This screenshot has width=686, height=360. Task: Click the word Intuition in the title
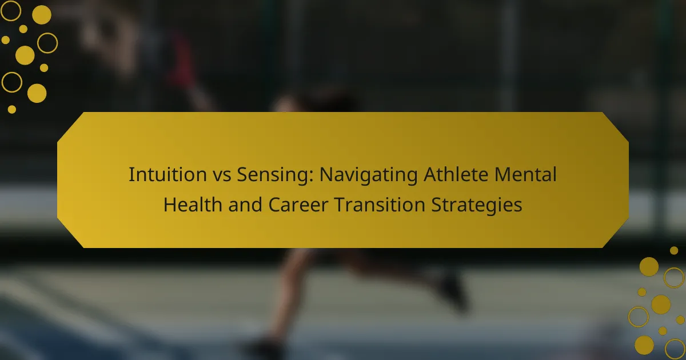167,174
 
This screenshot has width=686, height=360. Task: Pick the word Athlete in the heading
456,174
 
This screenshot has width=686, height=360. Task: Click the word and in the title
245,205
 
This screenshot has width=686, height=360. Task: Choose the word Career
298,205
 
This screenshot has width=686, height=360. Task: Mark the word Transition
380,205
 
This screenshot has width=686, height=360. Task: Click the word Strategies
477,206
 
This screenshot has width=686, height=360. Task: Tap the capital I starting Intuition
131,174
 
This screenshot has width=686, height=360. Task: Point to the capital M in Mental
502,174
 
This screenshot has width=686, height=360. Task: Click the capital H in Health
170,205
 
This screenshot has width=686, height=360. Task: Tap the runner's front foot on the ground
264,347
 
